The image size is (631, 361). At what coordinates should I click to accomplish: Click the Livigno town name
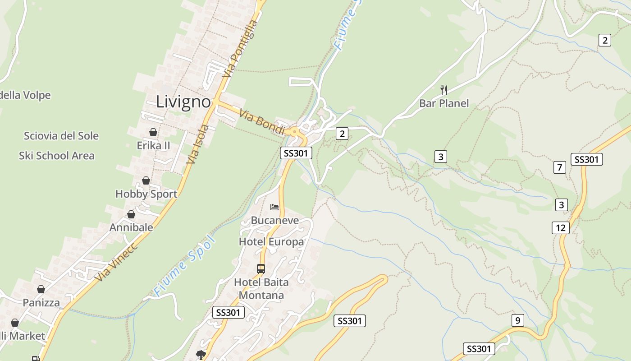pyautogui.click(x=183, y=102)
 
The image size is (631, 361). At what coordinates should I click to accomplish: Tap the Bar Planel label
pyautogui.click(x=444, y=103)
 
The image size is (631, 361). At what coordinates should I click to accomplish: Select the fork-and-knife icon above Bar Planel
pyautogui.click(x=444, y=90)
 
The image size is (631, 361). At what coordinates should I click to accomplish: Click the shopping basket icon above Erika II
pyautogui.click(x=153, y=132)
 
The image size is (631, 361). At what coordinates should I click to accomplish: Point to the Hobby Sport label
pyautogui.click(x=146, y=194)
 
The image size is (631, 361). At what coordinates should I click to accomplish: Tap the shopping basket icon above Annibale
pyautogui.click(x=131, y=214)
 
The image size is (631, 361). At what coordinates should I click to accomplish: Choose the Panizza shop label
pyautogui.click(x=41, y=302)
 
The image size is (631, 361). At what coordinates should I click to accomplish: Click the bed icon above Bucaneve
pyautogui.click(x=274, y=207)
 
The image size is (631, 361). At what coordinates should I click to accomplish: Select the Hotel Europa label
pyautogui.click(x=271, y=242)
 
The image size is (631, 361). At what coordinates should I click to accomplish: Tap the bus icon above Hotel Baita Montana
pyautogui.click(x=261, y=269)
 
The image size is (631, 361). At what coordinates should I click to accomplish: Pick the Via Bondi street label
pyautogui.click(x=262, y=122)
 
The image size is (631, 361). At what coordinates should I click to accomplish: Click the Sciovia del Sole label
pyautogui.click(x=61, y=136)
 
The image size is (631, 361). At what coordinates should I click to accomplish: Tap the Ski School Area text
pyautogui.click(x=57, y=156)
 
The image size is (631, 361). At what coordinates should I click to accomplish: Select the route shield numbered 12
pyautogui.click(x=561, y=228)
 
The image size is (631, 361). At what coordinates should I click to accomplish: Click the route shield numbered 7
pyautogui.click(x=559, y=167)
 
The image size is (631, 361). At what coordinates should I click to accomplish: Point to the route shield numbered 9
pyautogui.click(x=518, y=321)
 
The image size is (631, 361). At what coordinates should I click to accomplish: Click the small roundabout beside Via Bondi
pyautogui.click(x=294, y=132)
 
